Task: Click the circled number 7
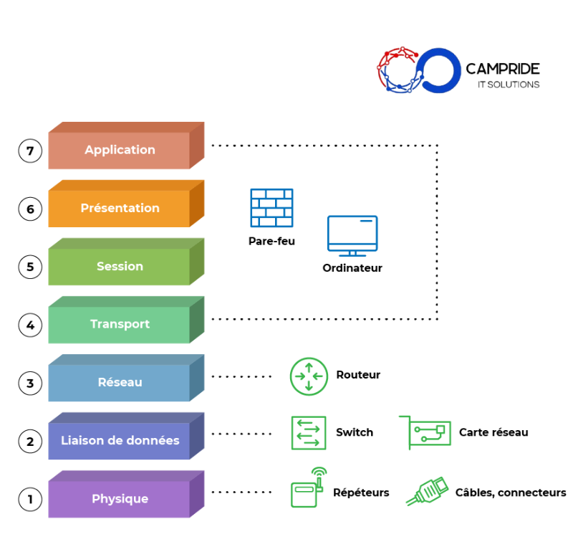coord(30,151)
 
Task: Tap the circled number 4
coord(30,325)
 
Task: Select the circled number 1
coord(30,499)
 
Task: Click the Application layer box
coord(120,150)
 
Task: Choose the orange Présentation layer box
coord(120,208)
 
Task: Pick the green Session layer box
coord(120,266)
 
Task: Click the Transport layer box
coord(120,324)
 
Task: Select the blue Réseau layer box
coord(120,382)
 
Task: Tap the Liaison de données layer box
coord(120,440)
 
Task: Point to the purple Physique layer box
coord(120,498)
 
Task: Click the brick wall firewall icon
coord(271,208)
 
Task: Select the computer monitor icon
coord(352,236)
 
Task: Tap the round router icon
coord(309,376)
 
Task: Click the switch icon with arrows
coord(309,433)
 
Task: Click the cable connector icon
coord(428,492)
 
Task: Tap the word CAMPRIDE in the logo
coord(503,69)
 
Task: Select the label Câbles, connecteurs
coord(511,492)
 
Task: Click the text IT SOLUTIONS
coord(509,85)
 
